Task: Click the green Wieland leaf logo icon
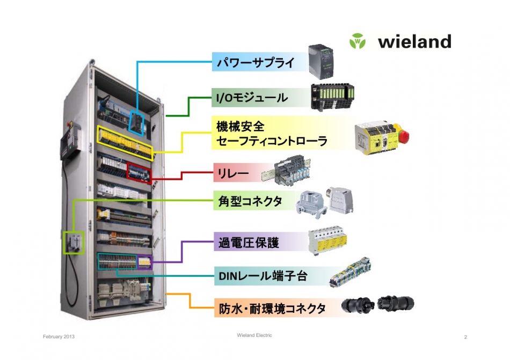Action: pyautogui.click(x=358, y=41)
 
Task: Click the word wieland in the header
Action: pyautogui.click(x=414, y=41)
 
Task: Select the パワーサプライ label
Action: pyautogui.click(x=256, y=62)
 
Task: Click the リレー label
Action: pyautogui.click(x=232, y=173)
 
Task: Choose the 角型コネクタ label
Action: pyautogui.click(x=250, y=201)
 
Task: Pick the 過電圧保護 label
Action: pyautogui.click(x=249, y=243)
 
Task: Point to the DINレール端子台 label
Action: pyautogui.click(x=263, y=276)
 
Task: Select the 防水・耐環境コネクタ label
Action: pyautogui.click(x=272, y=308)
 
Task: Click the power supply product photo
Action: pyautogui.click(x=320, y=62)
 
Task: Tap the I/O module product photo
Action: pyautogui.click(x=332, y=97)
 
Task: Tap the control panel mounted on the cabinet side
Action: pyautogui.click(x=70, y=142)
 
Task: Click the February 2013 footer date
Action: pyautogui.click(x=59, y=336)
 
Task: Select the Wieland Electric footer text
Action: pyautogui.click(x=254, y=335)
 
